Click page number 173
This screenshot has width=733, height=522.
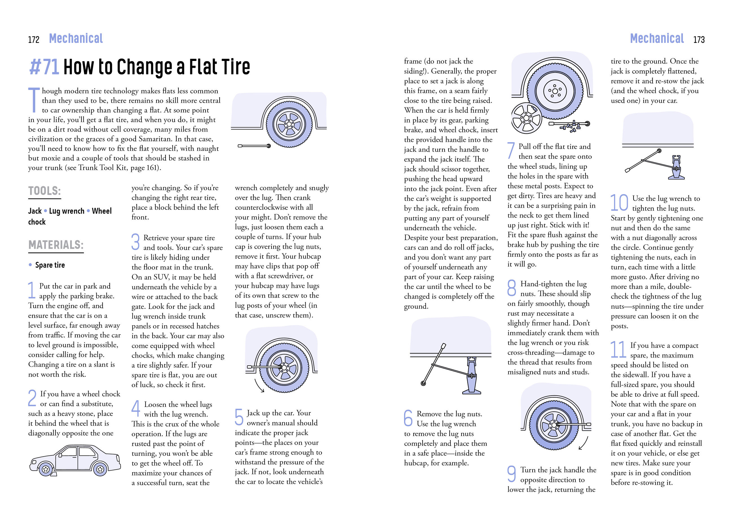tap(699, 40)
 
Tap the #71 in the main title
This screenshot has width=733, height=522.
tap(44, 67)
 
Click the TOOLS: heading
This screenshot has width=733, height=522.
tap(44, 191)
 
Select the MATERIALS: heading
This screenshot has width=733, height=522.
tap(56, 245)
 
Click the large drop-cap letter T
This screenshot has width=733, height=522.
tap(34, 100)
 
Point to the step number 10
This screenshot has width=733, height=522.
tap(619, 203)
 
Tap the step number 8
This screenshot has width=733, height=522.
tap(511, 288)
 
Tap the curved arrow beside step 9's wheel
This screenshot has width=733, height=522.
tap(583, 444)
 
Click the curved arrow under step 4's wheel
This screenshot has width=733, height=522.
tap(259, 386)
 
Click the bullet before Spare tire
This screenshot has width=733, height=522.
tap(30, 265)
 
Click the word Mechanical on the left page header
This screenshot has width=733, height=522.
tap(76, 39)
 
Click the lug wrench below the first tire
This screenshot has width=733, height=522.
tap(254, 146)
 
